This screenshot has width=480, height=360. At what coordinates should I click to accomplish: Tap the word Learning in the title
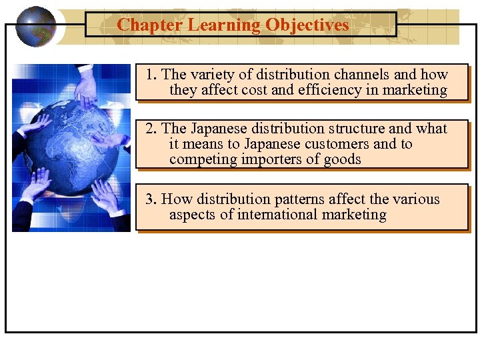tap(224, 25)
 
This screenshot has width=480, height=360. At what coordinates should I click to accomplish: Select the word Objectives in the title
tap(307, 25)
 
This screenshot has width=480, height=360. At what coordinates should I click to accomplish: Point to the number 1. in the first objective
tap(152, 75)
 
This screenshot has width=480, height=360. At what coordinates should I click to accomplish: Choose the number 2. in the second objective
tap(152, 129)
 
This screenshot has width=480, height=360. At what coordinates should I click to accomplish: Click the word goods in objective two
tap(341, 159)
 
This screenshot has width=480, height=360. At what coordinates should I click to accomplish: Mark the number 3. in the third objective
tap(152, 199)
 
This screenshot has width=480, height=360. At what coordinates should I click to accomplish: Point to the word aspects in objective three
tap(193, 215)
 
